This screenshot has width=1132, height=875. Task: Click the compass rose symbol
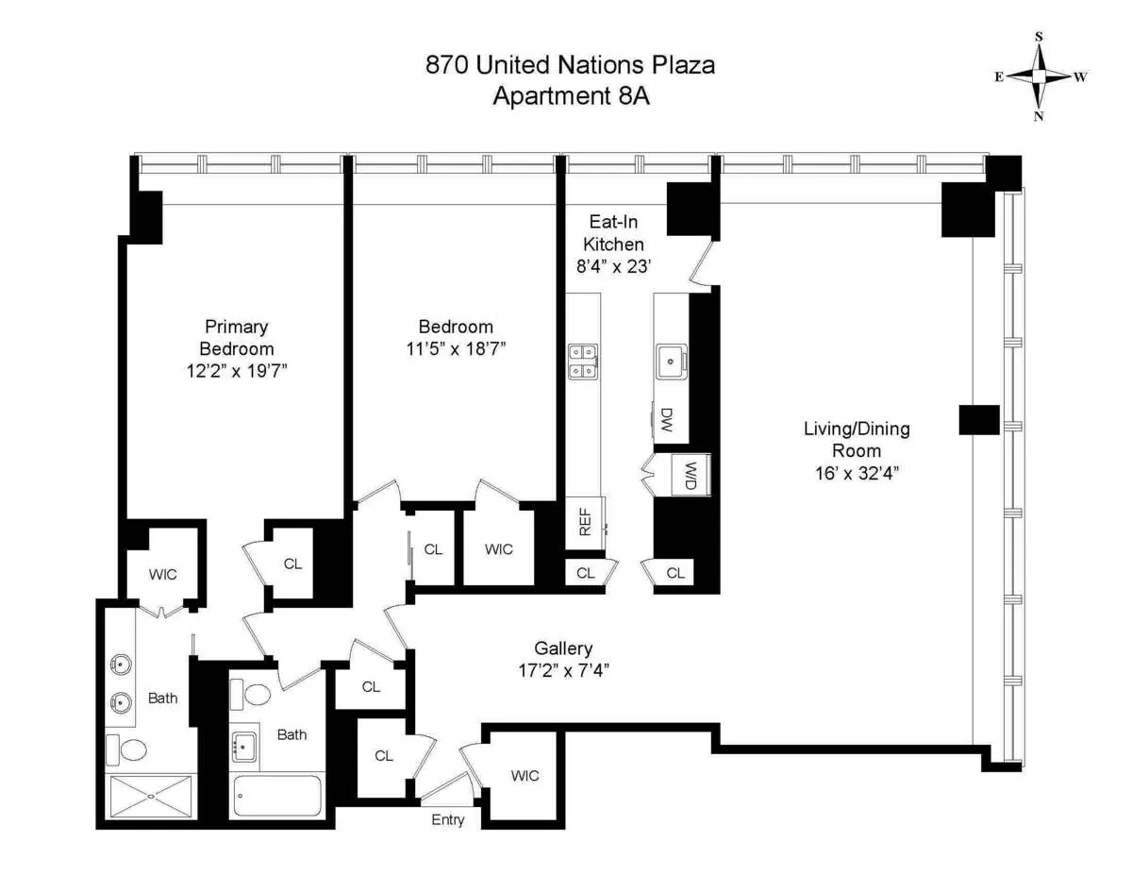[1039, 76]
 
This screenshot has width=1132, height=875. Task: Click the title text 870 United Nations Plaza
[570, 65]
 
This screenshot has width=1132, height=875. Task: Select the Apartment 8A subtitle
[570, 95]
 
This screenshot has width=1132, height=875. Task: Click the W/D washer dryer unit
[690, 475]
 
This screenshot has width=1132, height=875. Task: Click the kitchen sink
[671, 358]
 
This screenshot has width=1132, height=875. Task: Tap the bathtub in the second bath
[277, 796]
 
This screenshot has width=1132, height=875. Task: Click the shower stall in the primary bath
[152, 796]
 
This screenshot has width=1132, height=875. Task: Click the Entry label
[448, 820]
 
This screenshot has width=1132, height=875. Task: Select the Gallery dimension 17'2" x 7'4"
[564, 671]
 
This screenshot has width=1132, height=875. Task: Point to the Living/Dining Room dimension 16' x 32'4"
[857, 473]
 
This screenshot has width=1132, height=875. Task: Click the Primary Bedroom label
[237, 337]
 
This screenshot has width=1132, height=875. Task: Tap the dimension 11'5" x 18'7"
[456, 348]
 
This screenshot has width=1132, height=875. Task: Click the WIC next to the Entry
[525, 776]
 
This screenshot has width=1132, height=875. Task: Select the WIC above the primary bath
[162, 573]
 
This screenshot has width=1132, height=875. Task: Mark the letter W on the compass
[1081, 77]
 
